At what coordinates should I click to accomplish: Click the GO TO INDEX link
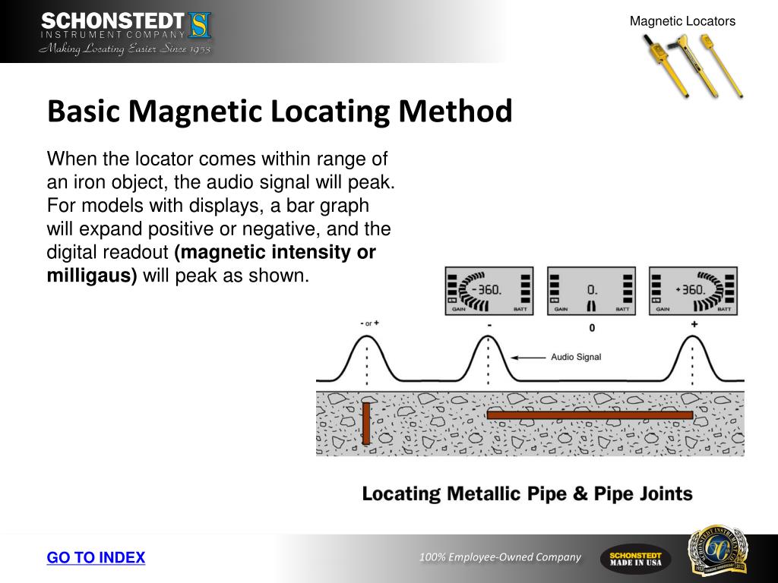(96, 558)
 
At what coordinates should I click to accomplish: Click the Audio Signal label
(576, 357)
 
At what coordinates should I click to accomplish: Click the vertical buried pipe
(366, 423)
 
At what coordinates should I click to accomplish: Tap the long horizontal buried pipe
(590, 415)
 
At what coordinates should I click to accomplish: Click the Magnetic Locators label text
(682, 21)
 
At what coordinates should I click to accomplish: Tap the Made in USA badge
(635, 559)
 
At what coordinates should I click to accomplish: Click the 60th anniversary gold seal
(717, 550)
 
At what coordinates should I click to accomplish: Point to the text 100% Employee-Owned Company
(500, 558)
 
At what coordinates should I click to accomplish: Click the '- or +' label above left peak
(368, 323)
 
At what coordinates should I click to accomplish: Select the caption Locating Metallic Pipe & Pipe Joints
(527, 494)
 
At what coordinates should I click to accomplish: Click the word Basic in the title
(84, 112)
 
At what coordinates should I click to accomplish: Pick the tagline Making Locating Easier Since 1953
(125, 49)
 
